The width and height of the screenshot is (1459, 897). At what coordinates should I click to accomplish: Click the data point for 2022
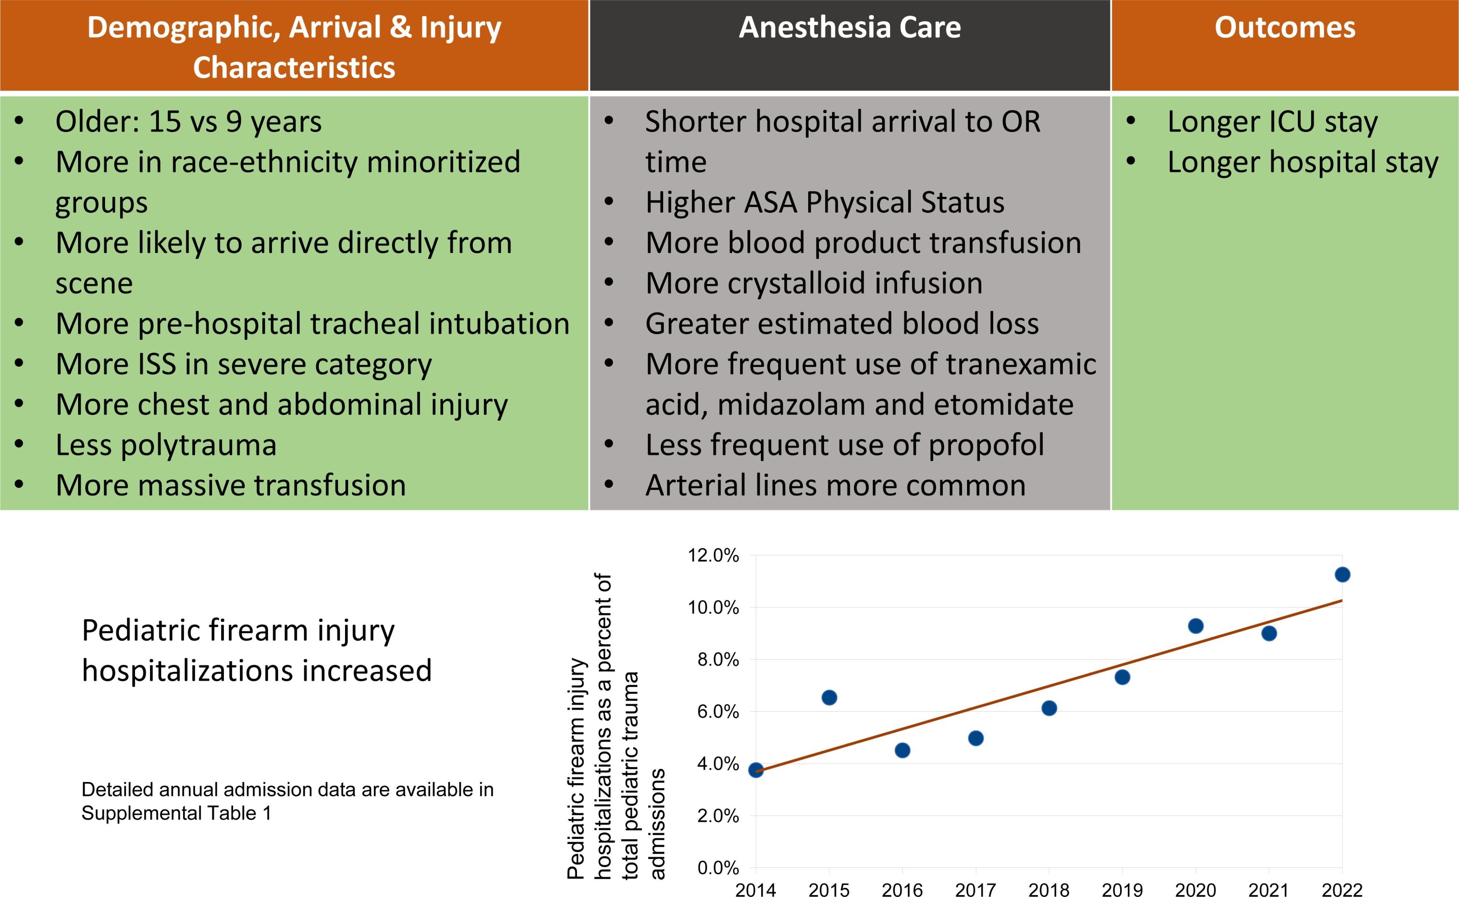[x=1342, y=574]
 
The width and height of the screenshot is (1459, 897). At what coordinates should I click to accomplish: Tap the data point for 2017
[x=976, y=738]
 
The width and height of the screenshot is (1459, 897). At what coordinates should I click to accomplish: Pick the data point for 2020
[x=1196, y=626]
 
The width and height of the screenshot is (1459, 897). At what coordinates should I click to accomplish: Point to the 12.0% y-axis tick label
[x=713, y=556]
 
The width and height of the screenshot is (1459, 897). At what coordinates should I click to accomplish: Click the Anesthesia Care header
[x=850, y=28]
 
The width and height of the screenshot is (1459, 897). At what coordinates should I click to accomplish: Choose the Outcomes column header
[x=1285, y=28]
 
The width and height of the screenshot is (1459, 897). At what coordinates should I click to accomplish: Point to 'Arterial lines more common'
[x=835, y=486]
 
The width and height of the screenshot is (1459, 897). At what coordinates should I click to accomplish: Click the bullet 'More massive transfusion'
[x=231, y=486]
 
